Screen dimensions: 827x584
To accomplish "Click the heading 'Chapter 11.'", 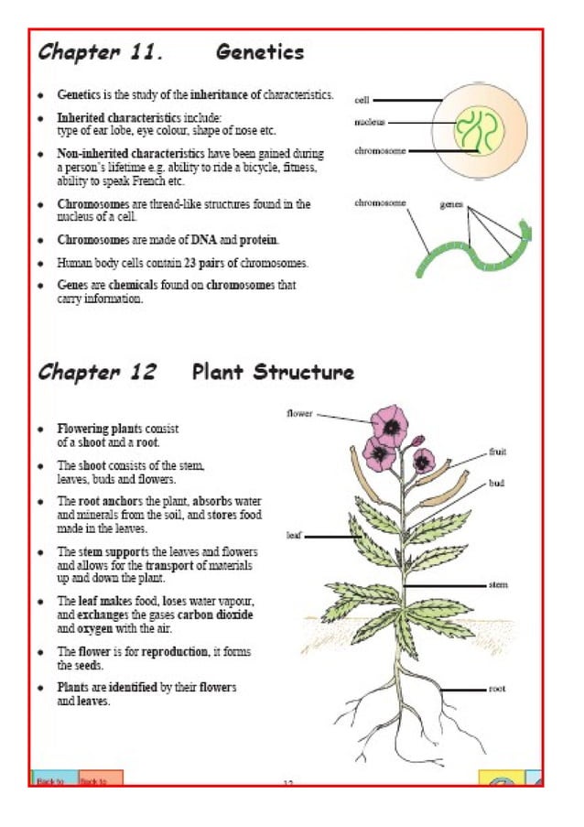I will (x=101, y=52).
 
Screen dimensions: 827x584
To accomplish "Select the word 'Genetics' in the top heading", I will (x=260, y=52).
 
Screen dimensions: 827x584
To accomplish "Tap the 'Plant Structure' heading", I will (x=273, y=372).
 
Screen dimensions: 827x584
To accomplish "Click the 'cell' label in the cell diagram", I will (x=362, y=100).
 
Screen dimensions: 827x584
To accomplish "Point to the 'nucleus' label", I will (x=370, y=122).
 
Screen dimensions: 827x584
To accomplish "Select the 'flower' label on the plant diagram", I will (x=299, y=413).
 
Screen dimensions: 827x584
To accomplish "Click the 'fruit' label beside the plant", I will (x=498, y=452).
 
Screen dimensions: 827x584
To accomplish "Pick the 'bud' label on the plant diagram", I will (x=497, y=483).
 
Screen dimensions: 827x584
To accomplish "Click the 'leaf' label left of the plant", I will (x=294, y=536).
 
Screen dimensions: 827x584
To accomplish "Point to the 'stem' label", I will (x=498, y=584).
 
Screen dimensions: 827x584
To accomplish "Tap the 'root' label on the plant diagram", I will (x=497, y=688).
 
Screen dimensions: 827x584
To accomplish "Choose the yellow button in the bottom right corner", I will (x=502, y=779).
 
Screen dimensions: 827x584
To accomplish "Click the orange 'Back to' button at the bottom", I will (x=100, y=779).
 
